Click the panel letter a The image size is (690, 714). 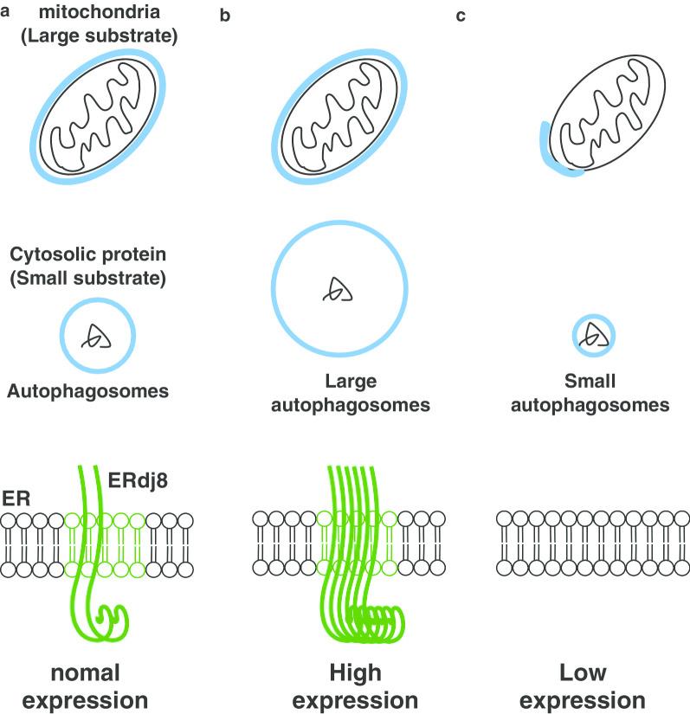[5, 13]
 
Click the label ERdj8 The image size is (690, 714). [139, 474]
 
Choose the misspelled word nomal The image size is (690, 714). [83, 672]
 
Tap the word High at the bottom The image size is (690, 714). [355, 672]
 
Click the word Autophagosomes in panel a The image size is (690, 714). [87, 390]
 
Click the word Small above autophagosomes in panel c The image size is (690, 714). [590, 382]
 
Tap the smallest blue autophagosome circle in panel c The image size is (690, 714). [594, 335]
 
